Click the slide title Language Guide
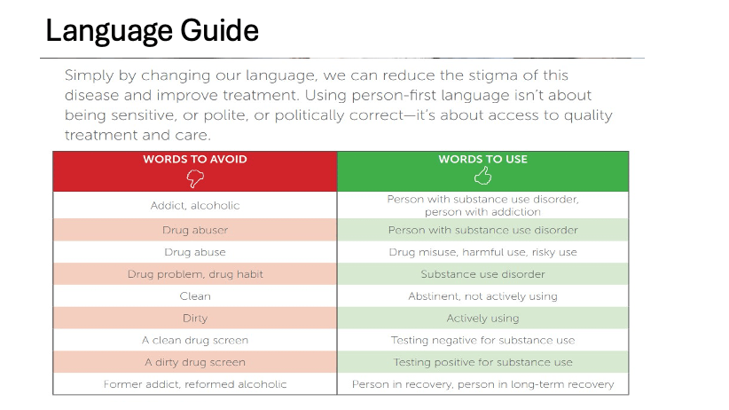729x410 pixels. pyautogui.click(x=152, y=32)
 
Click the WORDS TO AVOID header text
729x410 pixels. pyautogui.click(x=195, y=160)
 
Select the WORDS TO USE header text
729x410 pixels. pyautogui.click(x=482, y=160)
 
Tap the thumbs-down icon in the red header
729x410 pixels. pyautogui.click(x=195, y=177)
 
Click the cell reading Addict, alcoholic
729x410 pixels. pyautogui.click(x=195, y=206)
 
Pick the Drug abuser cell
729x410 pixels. pyautogui.click(x=195, y=230)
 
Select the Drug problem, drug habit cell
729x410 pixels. pyautogui.click(x=195, y=274)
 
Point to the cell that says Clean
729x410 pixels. pyautogui.click(x=195, y=296)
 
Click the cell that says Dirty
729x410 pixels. pyautogui.click(x=195, y=318)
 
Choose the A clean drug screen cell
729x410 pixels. pyautogui.click(x=195, y=340)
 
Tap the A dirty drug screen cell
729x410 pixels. pyautogui.click(x=195, y=362)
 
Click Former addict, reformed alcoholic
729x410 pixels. pyautogui.click(x=195, y=384)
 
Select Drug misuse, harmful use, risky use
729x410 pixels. pyautogui.click(x=482, y=252)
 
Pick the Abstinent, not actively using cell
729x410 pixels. pyautogui.click(x=482, y=296)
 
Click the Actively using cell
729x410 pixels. pyautogui.click(x=482, y=318)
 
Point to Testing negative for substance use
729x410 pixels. pyautogui.click(x=482, y=340)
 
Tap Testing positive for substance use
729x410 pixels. pyautogui.click(x=482, y=362)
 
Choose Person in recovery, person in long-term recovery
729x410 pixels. pyautogui.click(x=482, y=384)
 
